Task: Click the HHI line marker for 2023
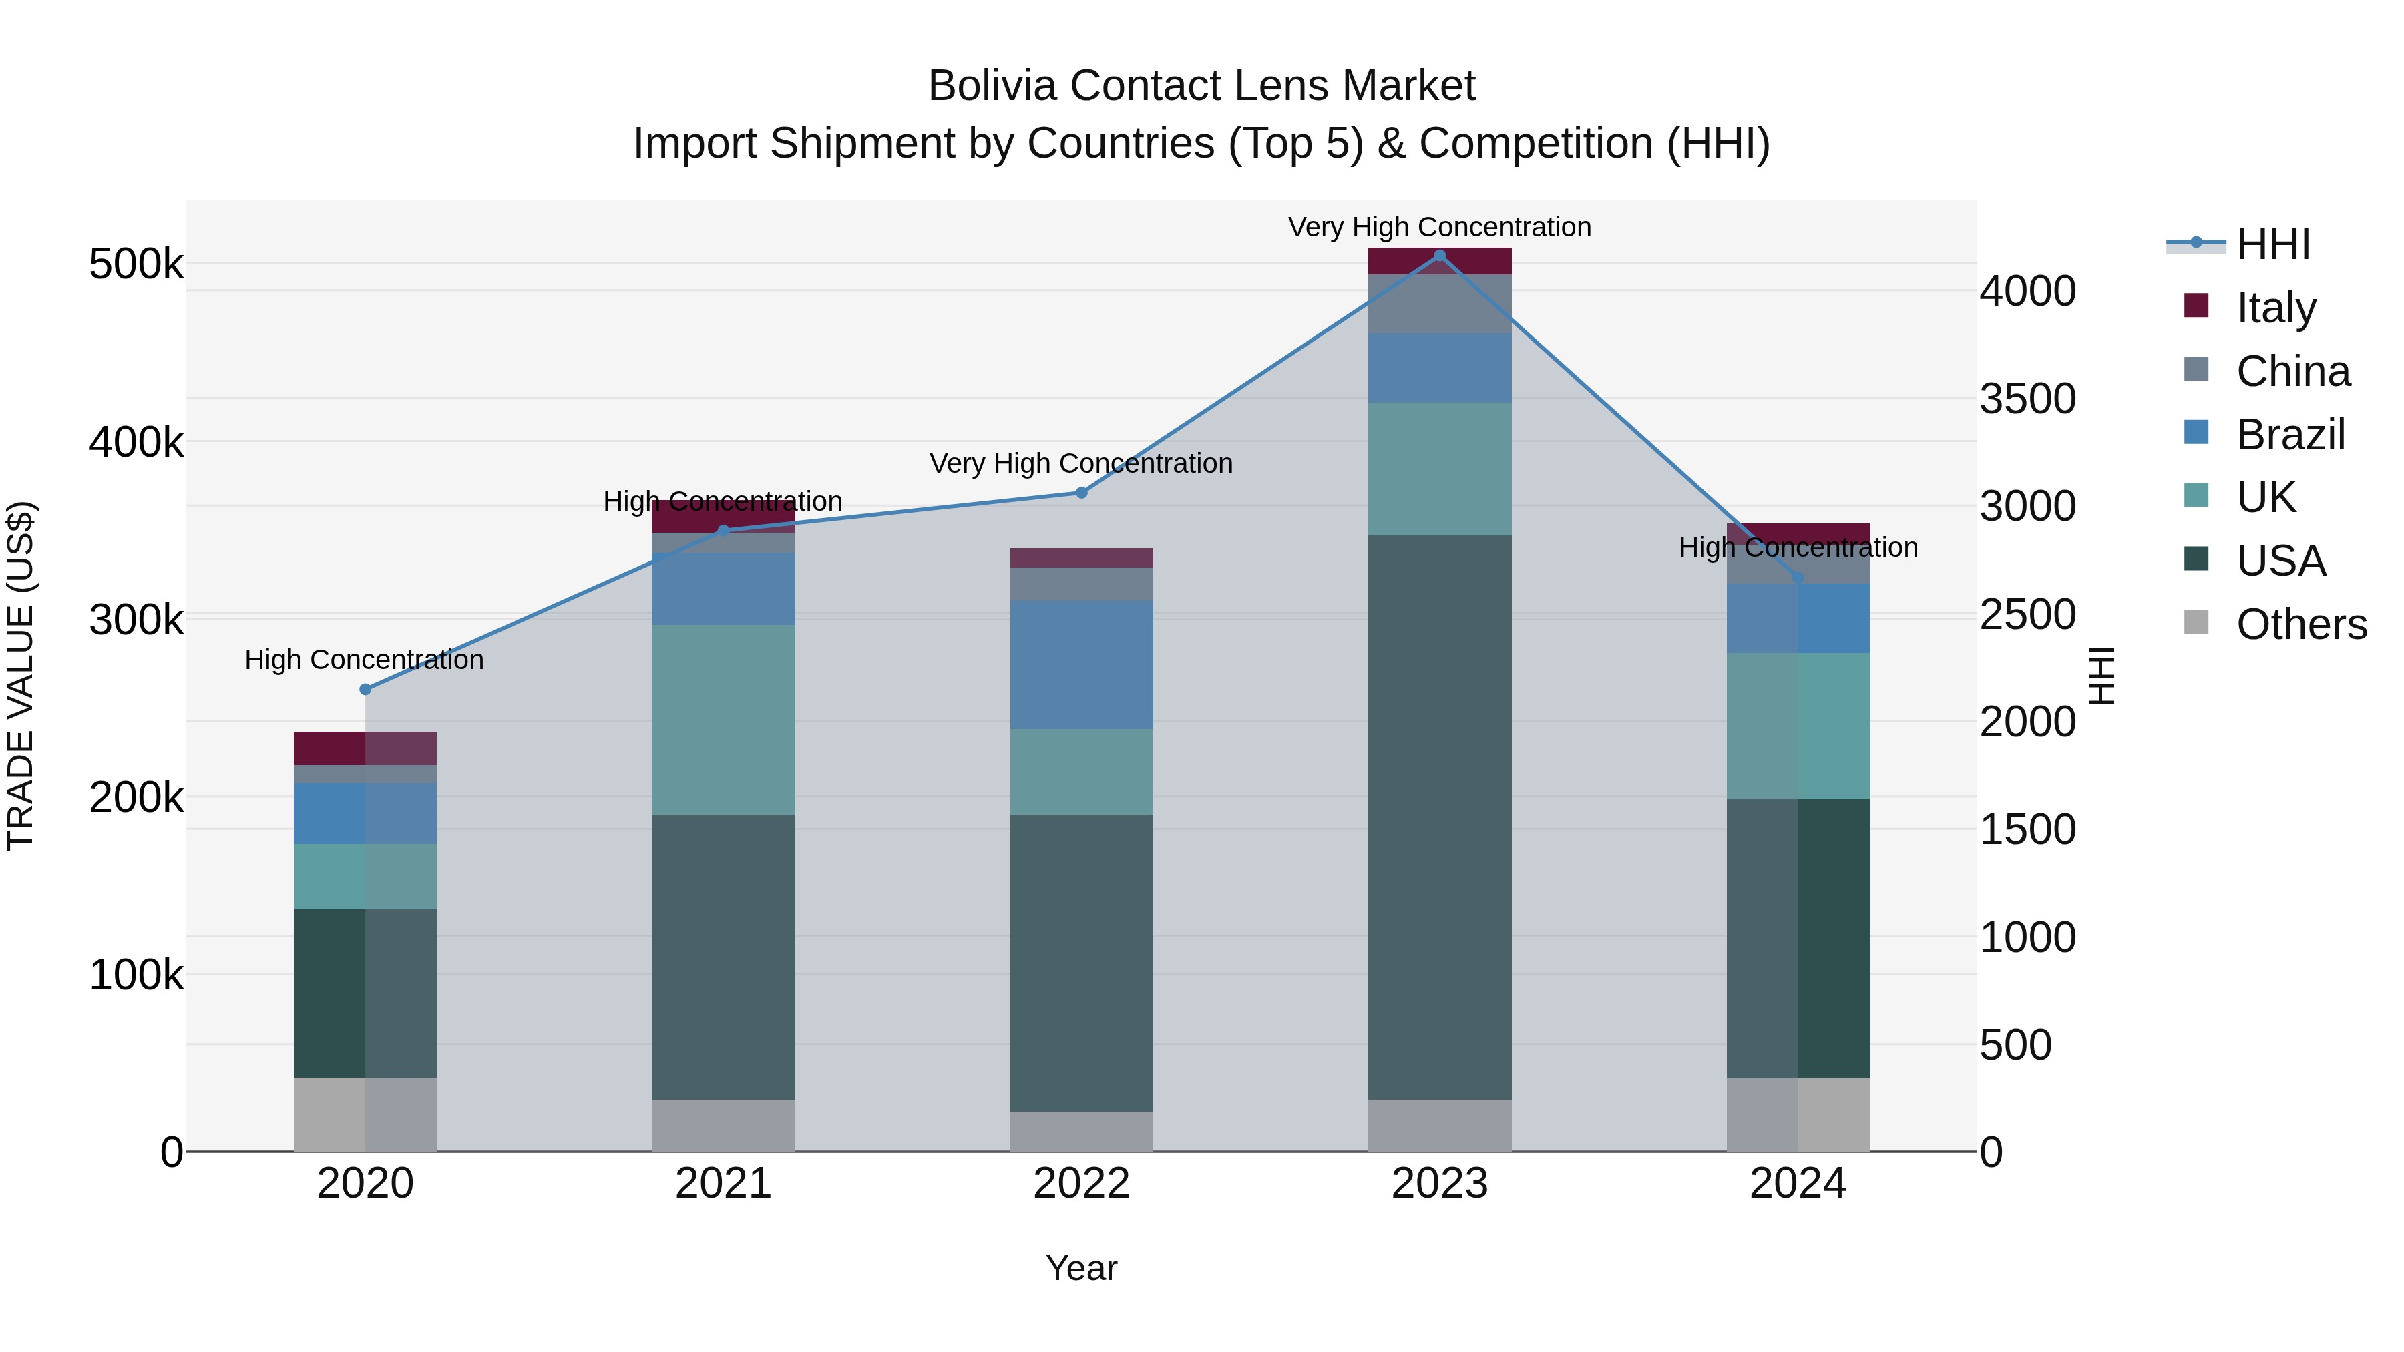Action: tap(1439, 256)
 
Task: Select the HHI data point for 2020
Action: tap(365, 690)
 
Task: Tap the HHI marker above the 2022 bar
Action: tap(1082, 493)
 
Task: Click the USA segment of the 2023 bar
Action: tap(1439, 817)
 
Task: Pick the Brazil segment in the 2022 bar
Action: tap(1082, 664)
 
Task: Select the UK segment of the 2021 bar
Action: tap(723, 719)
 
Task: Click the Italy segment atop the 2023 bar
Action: tap(1439, 261)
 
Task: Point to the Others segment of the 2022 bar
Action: tap(1082, 1131)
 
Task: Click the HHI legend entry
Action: tap(2273, 244)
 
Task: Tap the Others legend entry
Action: tap(2301, 624)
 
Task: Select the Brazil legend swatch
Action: tap(2197, 433)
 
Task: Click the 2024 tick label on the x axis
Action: tap(1798, 1184)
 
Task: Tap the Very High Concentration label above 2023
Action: tap(1439, 227)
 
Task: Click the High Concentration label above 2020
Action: tap(364, 660)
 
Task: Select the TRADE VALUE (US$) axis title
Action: tap(21, 676)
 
